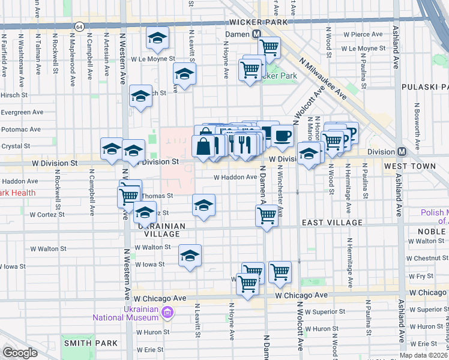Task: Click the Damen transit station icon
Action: coord(256,35)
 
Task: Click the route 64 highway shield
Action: coord(79,26)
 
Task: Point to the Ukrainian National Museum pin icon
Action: coord(168,313)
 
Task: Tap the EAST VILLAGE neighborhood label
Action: coord(332,223)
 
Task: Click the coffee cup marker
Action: coord(282,136)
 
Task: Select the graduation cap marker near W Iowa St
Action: coord(190,256)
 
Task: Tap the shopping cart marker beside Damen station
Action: coord(270,46)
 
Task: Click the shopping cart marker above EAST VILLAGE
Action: coord(267,214)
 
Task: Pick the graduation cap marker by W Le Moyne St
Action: coord(157,38)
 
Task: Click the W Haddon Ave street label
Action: coord(236,177)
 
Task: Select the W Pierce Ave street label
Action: coord(362,35)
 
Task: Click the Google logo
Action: coord(20,353)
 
